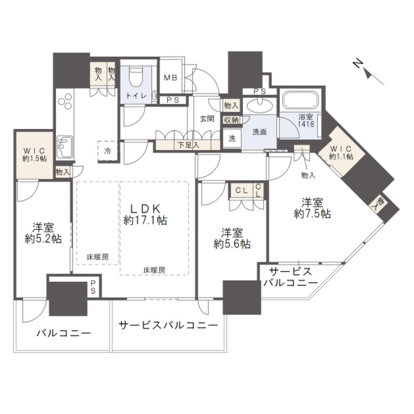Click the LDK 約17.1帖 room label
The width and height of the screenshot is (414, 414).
tap(145, 213)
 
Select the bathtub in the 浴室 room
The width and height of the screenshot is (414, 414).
tap(300, 101)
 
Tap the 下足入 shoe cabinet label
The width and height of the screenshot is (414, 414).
tap(188, 144)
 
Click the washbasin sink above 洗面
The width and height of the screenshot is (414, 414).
tap(261, 105)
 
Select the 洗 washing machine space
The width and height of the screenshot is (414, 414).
tap(232, 138)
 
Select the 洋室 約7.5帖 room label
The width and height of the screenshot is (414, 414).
tap(313, 208)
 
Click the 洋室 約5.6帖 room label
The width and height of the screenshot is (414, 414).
tap(232, 238)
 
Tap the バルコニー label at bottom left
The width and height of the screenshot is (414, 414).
tap(64, 334)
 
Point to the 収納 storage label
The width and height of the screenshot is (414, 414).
tap(231, 120)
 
